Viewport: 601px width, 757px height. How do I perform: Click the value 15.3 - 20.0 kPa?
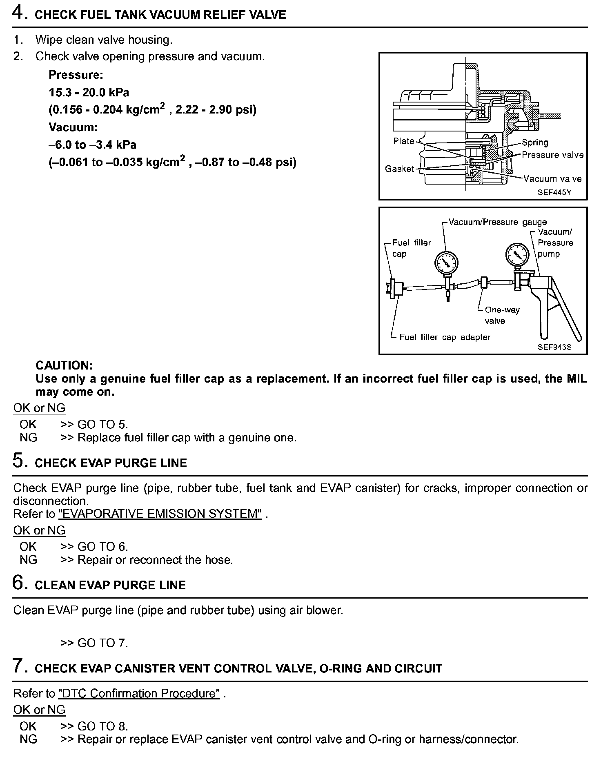pyautogui.click(x=89, y=93)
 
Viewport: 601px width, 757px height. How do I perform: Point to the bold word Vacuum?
pyautogui.click(x=73, y=127)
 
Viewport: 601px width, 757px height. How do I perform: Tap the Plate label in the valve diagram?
pyautogui.click(x=403, y=141)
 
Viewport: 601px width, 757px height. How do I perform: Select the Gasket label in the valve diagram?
pyautogui.click(x=399, y=169)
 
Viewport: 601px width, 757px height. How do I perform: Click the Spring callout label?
pyautogui.click(x=535, y=142)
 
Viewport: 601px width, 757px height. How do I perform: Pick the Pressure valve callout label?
pyautogui.click(x=552, y=155)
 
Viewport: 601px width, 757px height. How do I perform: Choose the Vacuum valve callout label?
pyautogui.click(x=552, y=179)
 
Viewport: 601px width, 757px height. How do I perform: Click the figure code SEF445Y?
pyautogui.click(x=554, y=192)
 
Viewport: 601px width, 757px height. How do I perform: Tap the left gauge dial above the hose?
pyautogui.click(x=446, y=262)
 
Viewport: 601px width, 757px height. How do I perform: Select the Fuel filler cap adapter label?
pyautogui.click(x=445, y=337)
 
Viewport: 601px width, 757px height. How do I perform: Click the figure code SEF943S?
pyautogui.click(x=554, y=347)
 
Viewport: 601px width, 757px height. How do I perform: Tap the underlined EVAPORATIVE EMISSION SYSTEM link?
pyautogui.click(x=160, y=514)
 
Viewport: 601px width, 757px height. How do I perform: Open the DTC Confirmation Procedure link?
pyautogui.click(x=139, y=694)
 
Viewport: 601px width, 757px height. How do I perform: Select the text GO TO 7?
pyautogui.click(x=102, y=643)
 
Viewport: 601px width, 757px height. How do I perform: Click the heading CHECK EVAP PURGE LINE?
pyautogui.click(x=111, y=463)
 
